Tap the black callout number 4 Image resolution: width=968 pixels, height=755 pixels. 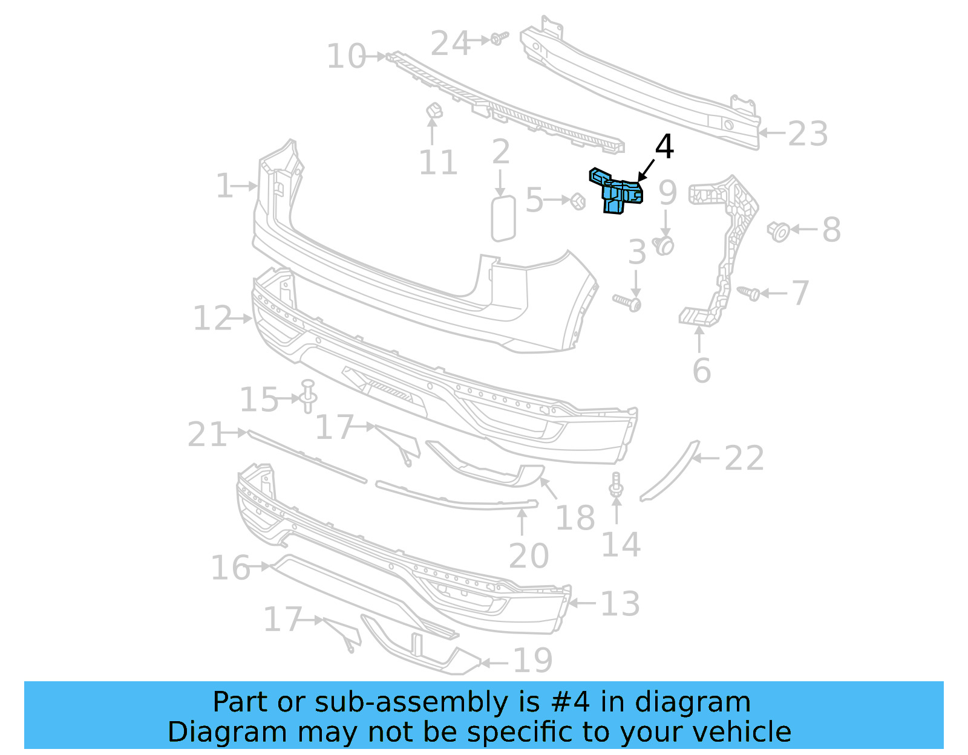point(664,147)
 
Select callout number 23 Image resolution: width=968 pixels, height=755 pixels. point(808,134)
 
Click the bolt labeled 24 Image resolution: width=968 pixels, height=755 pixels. point(498,39)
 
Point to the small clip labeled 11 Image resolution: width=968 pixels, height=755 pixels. point(434,111)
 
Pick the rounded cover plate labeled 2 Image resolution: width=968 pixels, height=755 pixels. point(503,218)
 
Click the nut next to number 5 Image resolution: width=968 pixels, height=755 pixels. point(578,201)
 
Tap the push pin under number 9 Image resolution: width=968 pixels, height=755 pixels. point(664,245)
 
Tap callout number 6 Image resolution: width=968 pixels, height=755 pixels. point(701,371)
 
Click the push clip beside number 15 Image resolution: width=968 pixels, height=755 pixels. point(308,395)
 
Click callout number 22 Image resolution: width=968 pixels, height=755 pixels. point(744,458)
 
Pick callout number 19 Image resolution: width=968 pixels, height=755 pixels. point(532,661)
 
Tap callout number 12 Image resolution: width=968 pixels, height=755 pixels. point(212,319)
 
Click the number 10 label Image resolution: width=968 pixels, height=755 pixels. point(346,56)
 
